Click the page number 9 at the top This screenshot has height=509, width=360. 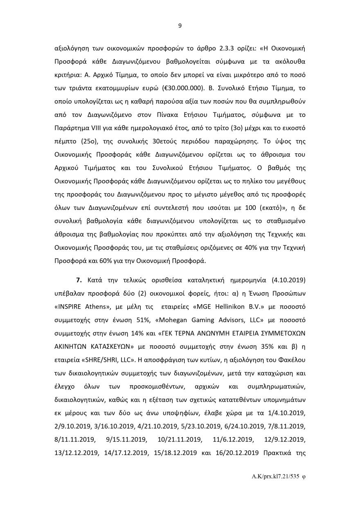(180, 26)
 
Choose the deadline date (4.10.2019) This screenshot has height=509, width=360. (288, 280)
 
